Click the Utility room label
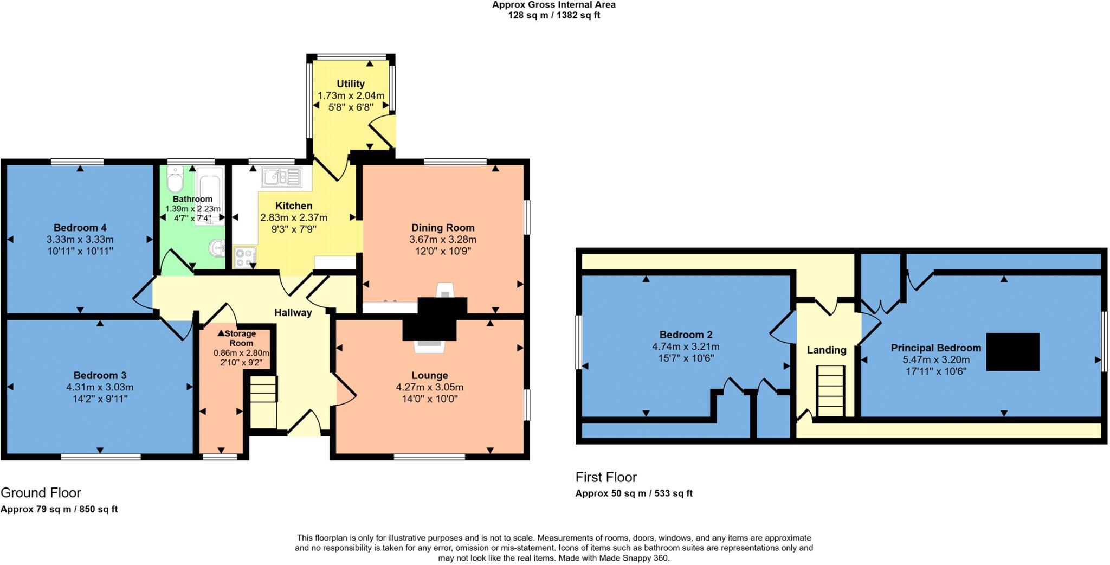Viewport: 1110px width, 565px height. click(351, 84)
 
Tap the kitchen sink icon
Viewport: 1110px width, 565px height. click(281, 177)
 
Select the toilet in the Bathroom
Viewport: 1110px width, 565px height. click(175, 181)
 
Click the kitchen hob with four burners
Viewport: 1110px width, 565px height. click(245, 258)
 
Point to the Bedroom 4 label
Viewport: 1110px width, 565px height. click(80, 228)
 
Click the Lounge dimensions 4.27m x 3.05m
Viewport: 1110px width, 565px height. click(429, 387)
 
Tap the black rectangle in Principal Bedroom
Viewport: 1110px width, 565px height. click(1012, 352)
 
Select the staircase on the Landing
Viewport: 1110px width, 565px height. click(830, 390)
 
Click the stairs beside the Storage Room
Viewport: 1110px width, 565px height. click(263, 401)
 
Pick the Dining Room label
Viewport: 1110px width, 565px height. click(442, 228)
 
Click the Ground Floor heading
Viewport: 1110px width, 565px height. click(41, 492)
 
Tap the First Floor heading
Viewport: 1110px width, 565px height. click(606, 477)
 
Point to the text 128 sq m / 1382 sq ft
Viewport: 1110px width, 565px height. click(553, 15)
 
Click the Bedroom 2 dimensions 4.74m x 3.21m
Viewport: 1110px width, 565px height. click(686, 346)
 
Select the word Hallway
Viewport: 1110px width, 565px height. click(293, 313)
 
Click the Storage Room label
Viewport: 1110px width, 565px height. click(241, 338)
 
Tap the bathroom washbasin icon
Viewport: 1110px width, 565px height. click(217, 248)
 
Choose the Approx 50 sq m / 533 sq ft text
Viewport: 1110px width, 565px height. click(634, 493)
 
